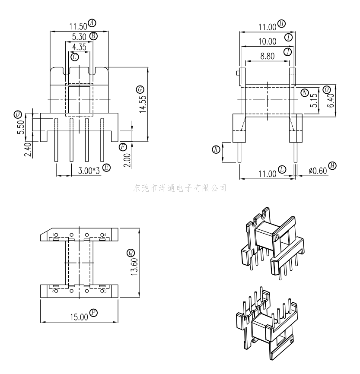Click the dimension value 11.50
coord(78,26)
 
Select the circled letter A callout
coord(92,23)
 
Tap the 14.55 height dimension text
coord(143,104)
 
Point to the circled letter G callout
coord(140,90)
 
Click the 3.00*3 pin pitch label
coord(89,171)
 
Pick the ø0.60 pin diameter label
coord(318,171)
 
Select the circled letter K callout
coord(216,149)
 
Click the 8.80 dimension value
coord(268,56)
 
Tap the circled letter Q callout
coord(131,253)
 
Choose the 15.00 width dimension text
coord(79,317)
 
